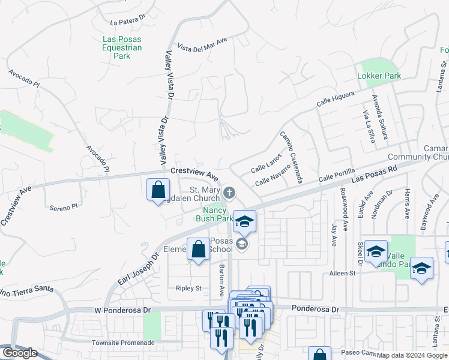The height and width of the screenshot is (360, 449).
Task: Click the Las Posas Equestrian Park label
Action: (x=121, y=47)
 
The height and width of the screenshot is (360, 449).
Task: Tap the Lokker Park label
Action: (x=379, y=76)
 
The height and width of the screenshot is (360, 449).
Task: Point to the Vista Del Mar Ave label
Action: (x=203, y=45)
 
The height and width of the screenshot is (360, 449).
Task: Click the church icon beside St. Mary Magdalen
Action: (x=229, y=193)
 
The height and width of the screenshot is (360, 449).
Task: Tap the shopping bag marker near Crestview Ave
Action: (x=157, y=190)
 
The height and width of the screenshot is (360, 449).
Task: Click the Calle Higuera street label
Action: (x=336, y=100)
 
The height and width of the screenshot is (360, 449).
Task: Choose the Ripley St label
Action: (x=188, y=288)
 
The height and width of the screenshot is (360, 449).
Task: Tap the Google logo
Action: (x=20, y=353)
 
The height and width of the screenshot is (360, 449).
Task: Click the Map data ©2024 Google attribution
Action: (x=412, y=355)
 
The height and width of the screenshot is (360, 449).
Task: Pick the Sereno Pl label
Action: (x=64, y=207)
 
